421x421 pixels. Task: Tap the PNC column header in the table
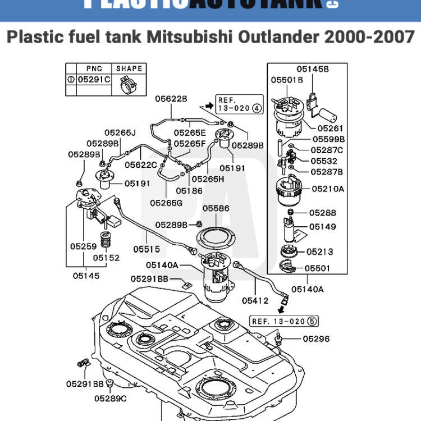click(94, 68)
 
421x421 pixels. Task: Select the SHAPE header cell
click(129, 68)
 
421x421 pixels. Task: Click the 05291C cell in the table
click(94, 80)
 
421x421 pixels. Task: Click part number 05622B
click(171, 99)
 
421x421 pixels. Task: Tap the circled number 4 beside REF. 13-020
click(257, 108)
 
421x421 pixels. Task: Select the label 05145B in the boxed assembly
click(313, 69)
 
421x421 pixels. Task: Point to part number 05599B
click(328, 139)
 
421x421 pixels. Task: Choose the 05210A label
click(328, 189)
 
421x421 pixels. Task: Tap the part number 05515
click(147, 249)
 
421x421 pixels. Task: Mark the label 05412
click(255, 301)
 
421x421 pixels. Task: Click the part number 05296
click(316, 338)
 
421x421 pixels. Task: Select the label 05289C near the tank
click(111, 398)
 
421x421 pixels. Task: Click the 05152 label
click(106, 258)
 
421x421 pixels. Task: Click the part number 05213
click(319, 252)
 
